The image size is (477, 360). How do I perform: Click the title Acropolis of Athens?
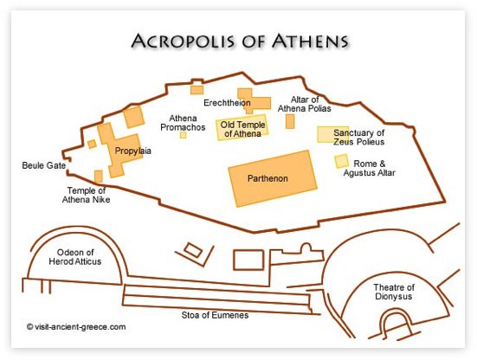(x=239, y=41)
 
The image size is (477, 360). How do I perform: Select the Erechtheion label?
(x=226, y=103)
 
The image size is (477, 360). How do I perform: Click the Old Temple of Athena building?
(x=242, y=129)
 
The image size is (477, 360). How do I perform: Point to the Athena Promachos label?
(x=183, y=123)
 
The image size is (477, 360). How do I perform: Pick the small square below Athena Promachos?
(x=184, y=135)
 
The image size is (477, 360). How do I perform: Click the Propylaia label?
(x=132, y=151)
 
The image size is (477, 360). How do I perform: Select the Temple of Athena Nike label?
(x=88, y=195)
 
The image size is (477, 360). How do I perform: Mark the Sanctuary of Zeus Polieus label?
(x=353, y=137)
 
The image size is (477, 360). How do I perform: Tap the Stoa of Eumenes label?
(x=216, y=313)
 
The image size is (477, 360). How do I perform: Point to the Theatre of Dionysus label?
(x=394, y=292)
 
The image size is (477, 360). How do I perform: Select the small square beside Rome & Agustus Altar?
(x=342, y=161)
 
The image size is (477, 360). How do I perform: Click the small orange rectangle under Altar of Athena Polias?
(x=290, y=121)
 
